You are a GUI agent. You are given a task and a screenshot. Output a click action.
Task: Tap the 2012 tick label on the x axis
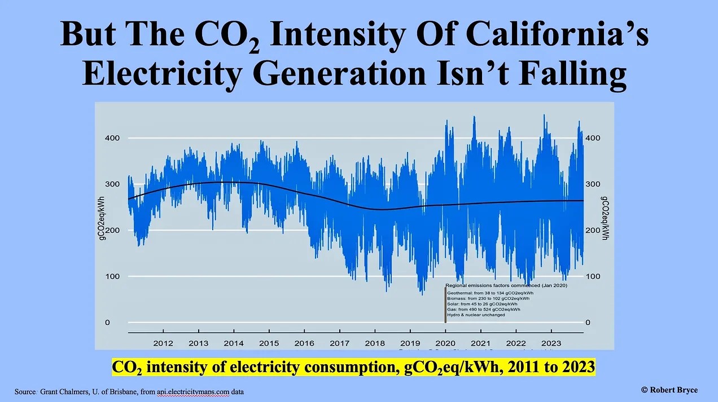pos(163,343)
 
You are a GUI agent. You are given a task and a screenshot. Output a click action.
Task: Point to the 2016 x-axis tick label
pos(304,343)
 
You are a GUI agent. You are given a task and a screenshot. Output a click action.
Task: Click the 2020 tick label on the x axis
pos(445,343)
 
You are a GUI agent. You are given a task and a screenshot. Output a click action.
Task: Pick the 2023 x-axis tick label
pos(551,343)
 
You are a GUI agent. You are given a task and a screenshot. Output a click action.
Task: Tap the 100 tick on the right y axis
pos(593,276)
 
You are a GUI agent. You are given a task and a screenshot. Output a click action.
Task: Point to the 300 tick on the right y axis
pos(593,184)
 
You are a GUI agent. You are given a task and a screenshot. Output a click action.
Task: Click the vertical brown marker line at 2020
pos(445,305)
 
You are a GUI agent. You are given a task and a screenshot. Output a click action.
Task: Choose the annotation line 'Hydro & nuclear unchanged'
pos(476,315)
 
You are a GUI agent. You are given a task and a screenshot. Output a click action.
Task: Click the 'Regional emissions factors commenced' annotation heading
pos(506,286)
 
